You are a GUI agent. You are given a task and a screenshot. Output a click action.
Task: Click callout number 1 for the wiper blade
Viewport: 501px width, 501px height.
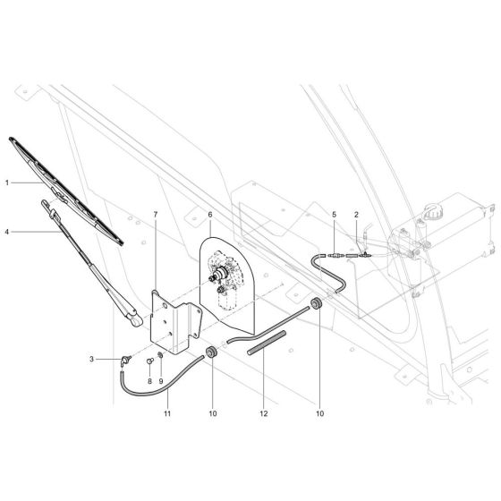coord(6,183)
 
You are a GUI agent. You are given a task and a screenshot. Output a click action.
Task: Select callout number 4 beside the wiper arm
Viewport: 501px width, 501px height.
coord(6,233)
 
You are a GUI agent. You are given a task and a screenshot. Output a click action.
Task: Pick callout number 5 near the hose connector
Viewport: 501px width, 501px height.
coord(334,216)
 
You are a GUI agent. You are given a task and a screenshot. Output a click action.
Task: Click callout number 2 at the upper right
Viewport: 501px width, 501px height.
coord(356,216)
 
